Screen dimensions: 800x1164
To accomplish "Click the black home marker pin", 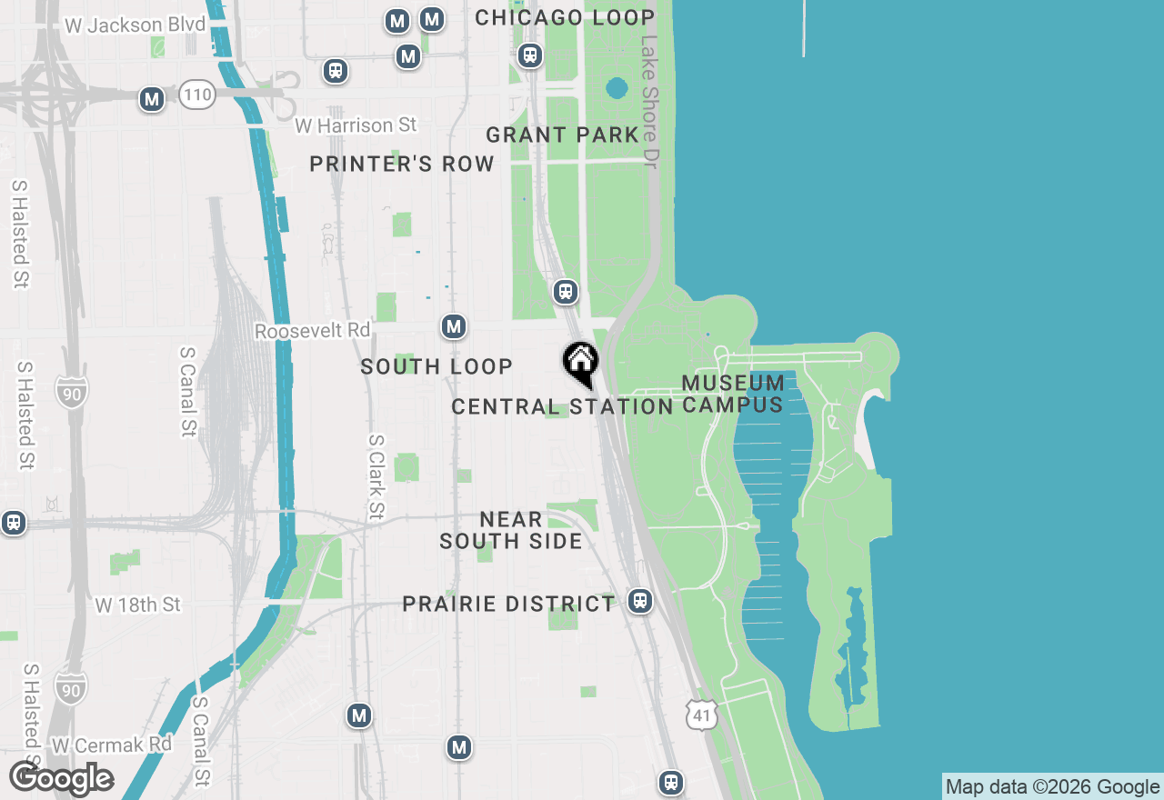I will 580,362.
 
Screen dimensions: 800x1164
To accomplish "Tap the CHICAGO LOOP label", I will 565,17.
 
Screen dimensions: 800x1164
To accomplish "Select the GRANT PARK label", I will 562,135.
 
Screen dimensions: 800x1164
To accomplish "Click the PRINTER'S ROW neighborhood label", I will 402,164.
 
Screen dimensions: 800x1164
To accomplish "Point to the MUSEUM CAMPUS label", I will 733,394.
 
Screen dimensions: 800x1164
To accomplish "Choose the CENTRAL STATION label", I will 562,406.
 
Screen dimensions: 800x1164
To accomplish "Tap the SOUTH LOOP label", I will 436,366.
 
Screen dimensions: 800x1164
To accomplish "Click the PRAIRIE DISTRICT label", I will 508,604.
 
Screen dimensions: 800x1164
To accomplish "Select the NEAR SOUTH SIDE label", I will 511,530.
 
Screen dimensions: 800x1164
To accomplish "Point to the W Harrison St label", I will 356,125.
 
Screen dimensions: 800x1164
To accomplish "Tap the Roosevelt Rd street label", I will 313,331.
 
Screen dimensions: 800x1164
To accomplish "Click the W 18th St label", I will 137,605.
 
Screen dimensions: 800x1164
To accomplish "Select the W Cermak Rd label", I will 112,745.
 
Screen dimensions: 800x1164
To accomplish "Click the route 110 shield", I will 196,95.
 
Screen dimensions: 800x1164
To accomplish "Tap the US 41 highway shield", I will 702,715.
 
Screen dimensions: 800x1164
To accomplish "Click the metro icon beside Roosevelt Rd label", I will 454,327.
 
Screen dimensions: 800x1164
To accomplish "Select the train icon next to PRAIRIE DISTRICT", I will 640,601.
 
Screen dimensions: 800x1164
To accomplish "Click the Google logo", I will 61,778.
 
